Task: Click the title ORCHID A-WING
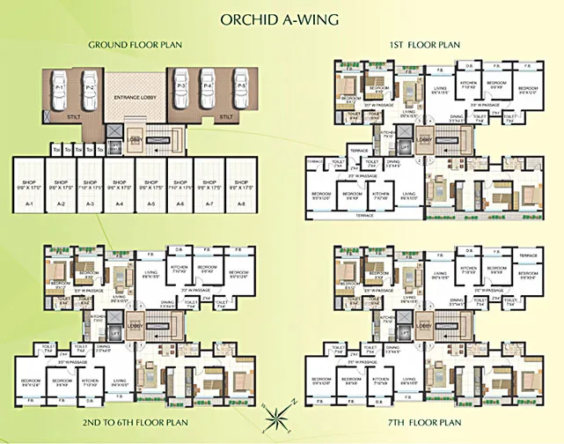pyautogui.click(x=282, y=18)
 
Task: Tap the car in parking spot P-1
pyautogui.click(x=62, y=89)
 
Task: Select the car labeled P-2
pyautogui.click(x=89, y=89)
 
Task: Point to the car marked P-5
pyautogui.click(x=233, y=89)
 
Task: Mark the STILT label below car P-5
pyautogui.click(x=226, y=116)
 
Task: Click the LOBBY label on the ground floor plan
pyautogui.click(x=135, y=138)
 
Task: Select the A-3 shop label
pyautogui.click(x=90, y=203)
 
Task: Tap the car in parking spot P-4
pyautogui.click(x=208, y=89)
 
